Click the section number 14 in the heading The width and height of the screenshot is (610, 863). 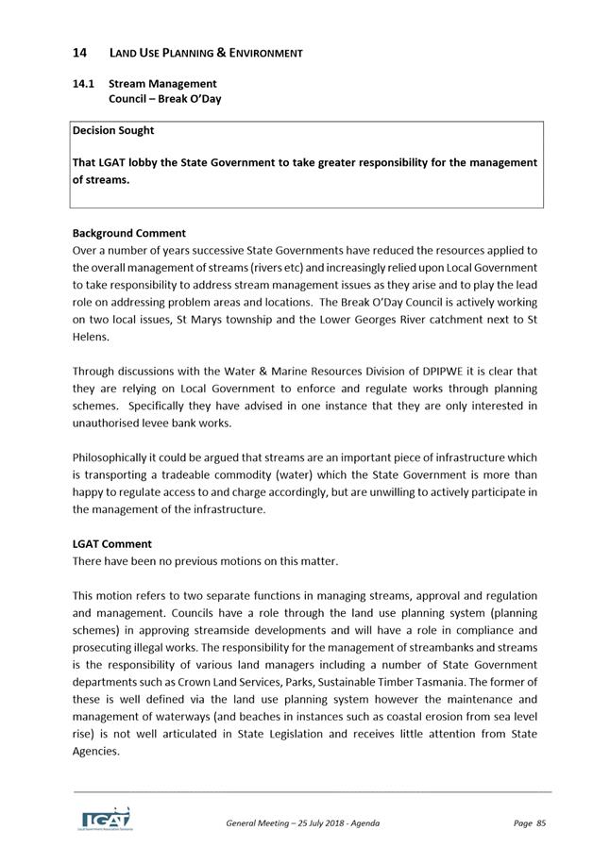point(80,53)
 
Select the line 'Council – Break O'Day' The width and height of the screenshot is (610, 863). point(165,99)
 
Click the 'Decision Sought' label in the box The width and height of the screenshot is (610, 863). point(113,130)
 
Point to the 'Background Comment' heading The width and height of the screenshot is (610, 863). point(129,233)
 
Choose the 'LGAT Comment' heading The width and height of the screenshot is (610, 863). point(112,544)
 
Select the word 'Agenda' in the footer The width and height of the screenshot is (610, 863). point(362,823)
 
